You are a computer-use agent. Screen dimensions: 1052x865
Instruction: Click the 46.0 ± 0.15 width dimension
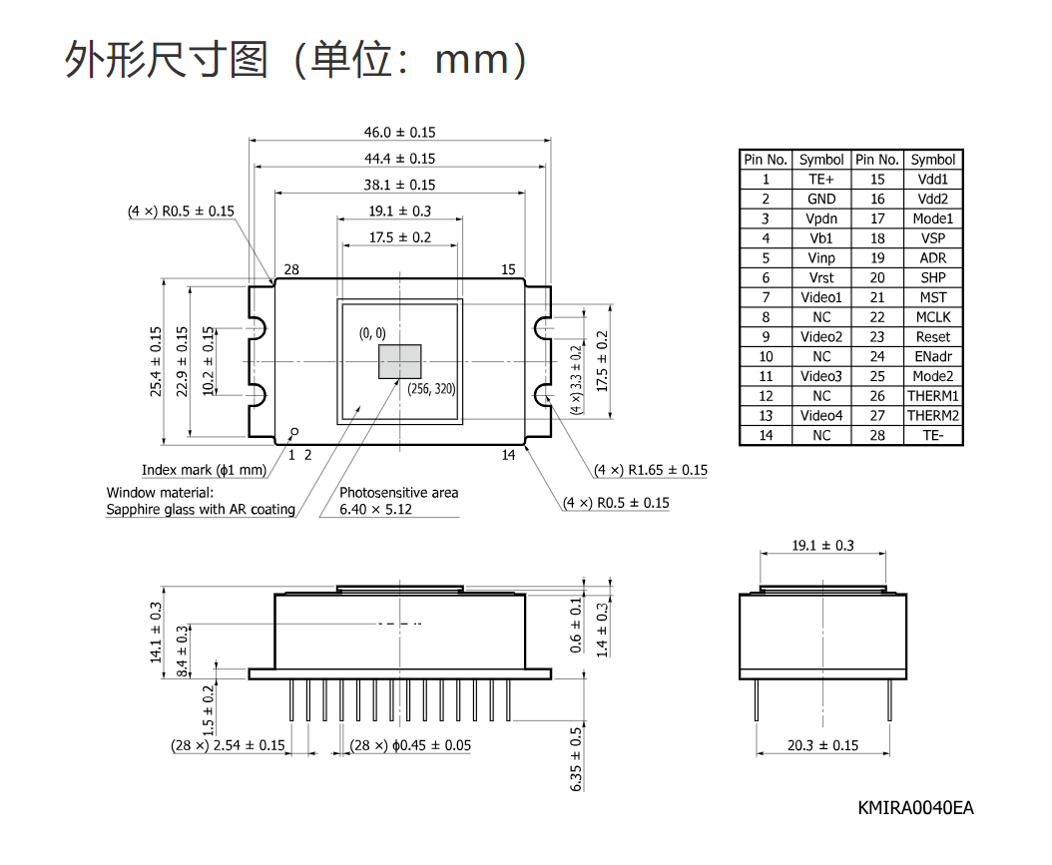(x=400, y=132)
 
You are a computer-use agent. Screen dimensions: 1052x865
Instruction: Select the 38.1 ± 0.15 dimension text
(x=400, y=185)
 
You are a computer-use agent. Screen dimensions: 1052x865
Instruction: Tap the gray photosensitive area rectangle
(x=400, y=361)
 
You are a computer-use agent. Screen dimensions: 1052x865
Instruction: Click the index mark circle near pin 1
(x=293, y=432)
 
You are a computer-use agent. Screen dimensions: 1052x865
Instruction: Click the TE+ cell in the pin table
(x=821, y=179)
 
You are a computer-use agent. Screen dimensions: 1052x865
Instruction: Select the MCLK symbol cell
(x=933, y=317)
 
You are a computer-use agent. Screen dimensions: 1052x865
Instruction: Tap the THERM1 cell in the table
(x=933, y=396)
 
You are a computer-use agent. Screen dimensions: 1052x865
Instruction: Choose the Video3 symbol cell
(x=821, y=376)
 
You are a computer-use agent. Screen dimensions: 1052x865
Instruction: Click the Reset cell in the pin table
(x=933, y=336)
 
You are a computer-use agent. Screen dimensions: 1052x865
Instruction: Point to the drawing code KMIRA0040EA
(x=916, y=808)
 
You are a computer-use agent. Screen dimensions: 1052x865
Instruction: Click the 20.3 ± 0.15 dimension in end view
(x=822, y=745)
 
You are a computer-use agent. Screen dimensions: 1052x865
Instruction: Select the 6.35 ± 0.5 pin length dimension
(x=576, y=759)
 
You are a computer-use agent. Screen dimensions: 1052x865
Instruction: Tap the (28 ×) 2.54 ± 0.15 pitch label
(x=229, y=745)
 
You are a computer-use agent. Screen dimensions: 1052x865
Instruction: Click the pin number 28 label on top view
(x=291, y=269)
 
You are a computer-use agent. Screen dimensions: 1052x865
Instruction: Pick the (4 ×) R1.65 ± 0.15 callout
(x=651, y=470)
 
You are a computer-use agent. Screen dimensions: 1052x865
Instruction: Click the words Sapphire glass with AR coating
(x=201, y=509)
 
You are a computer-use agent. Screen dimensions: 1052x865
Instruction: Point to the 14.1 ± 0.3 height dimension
(x=156, y=633)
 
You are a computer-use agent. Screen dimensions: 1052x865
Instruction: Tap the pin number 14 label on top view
(x=509, y=455)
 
